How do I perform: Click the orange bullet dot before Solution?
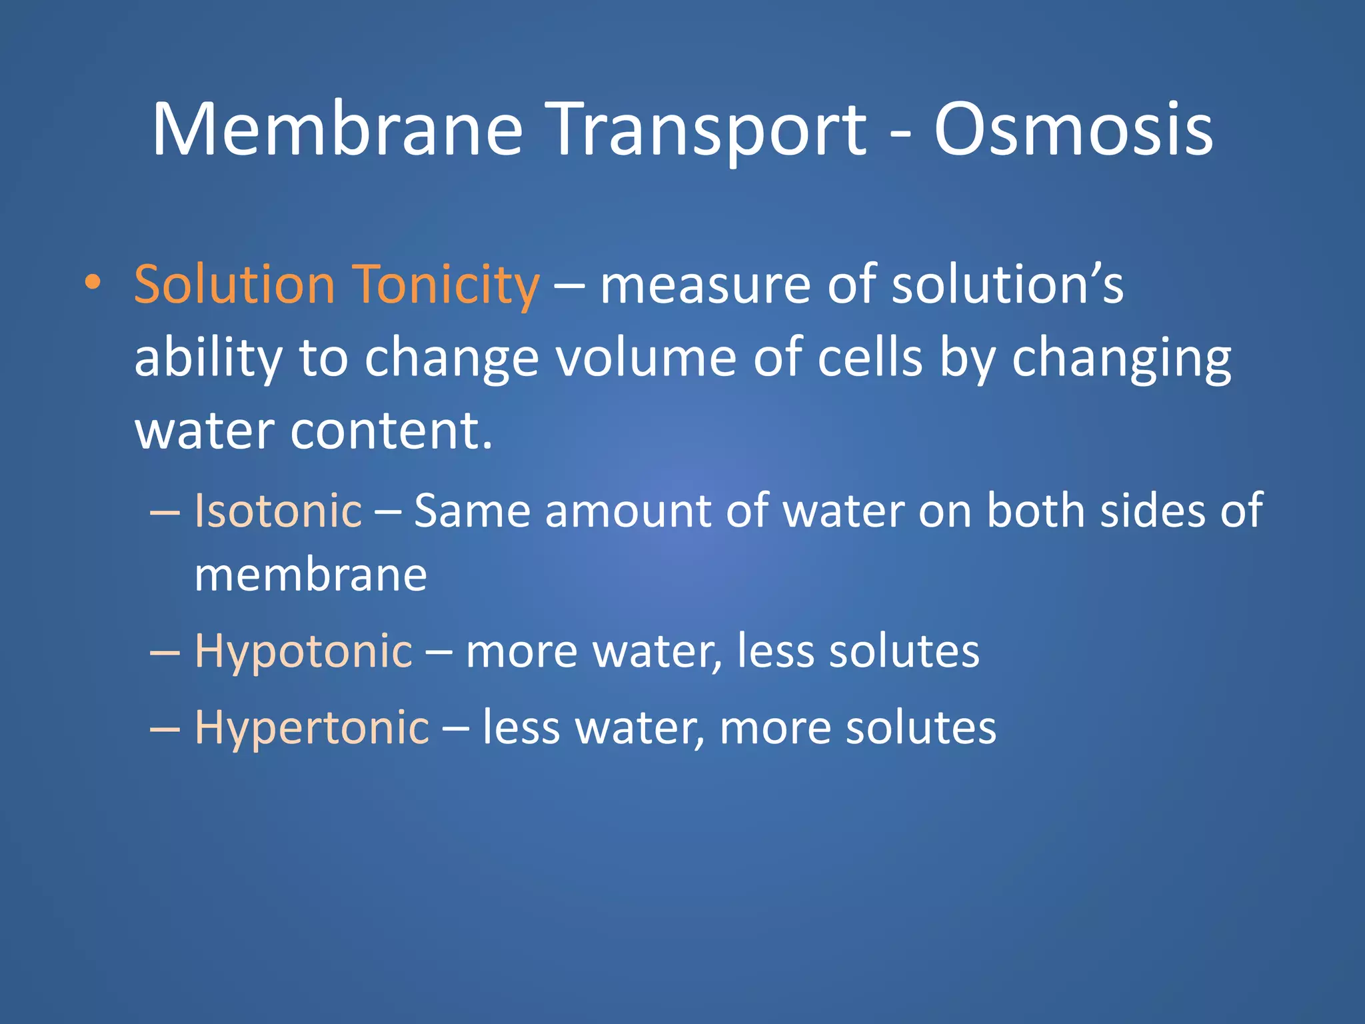[x=93, y=283]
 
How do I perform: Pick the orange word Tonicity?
[x=445, y=285]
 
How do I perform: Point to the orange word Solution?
[x=234, y=285]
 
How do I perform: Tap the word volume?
[x=645, y=359]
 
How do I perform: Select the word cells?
[x=870, y=359]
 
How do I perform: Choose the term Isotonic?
[x=278, y=511]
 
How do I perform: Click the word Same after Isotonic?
[x=472, y=511]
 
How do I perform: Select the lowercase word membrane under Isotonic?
[x=311, y=575]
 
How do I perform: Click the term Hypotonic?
[x=303, y=652]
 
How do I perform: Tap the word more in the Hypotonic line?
[x=521, y=652]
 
